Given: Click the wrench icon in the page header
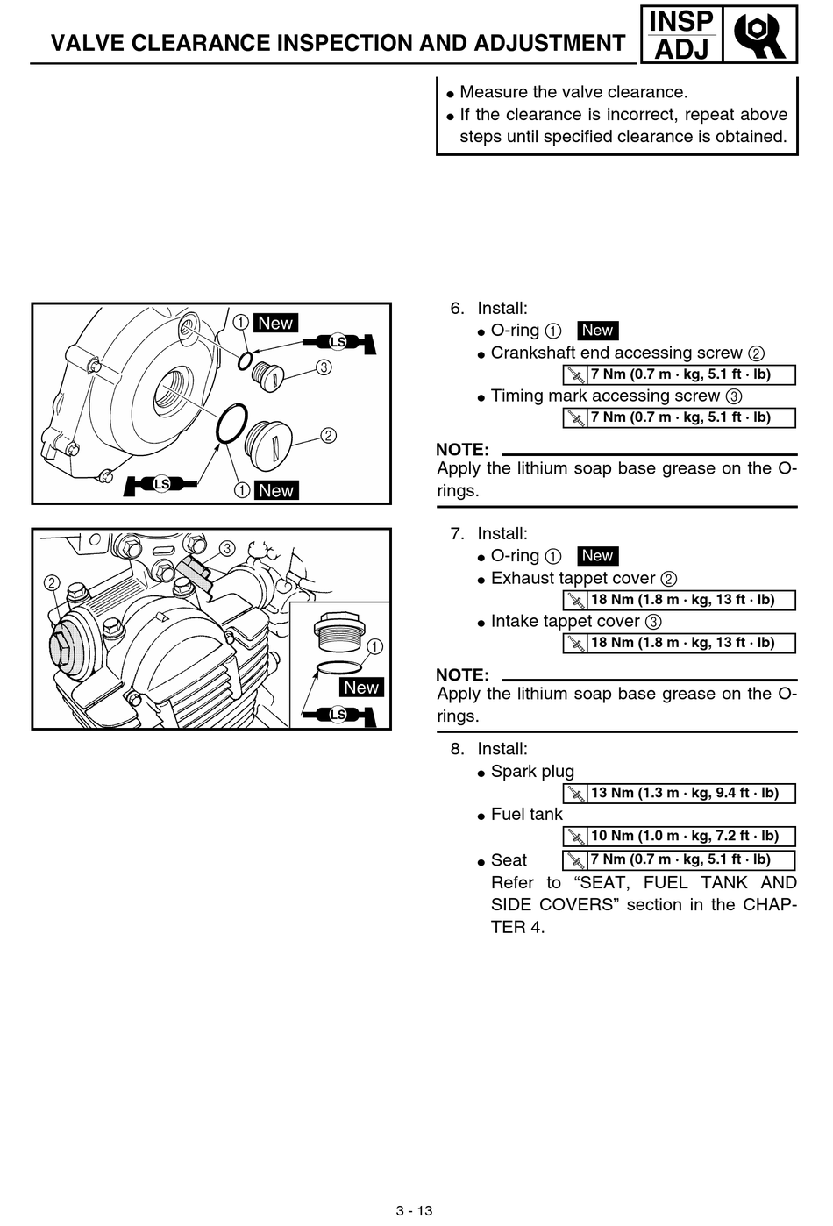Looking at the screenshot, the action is (759, 35).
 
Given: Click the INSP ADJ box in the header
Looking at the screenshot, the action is (681, 35).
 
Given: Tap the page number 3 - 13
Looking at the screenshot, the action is (415, 1210).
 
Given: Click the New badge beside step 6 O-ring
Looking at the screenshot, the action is (598, 331).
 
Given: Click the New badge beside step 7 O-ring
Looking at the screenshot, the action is (598, 556).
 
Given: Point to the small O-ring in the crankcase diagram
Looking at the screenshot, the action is (239, 360).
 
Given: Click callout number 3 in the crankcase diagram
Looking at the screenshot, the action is (324, 367).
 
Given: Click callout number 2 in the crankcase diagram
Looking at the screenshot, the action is (328, 435).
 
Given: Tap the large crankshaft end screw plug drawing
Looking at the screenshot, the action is (268, 445).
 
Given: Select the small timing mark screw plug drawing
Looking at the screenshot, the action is (267, 376).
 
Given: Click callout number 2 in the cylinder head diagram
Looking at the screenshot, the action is (52, 582).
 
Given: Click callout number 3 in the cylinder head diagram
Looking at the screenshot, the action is (227, 548).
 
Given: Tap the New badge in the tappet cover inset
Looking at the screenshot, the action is (361, 688).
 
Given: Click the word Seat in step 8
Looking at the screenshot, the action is (509, 860).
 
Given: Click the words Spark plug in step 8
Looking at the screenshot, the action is (532, 772).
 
